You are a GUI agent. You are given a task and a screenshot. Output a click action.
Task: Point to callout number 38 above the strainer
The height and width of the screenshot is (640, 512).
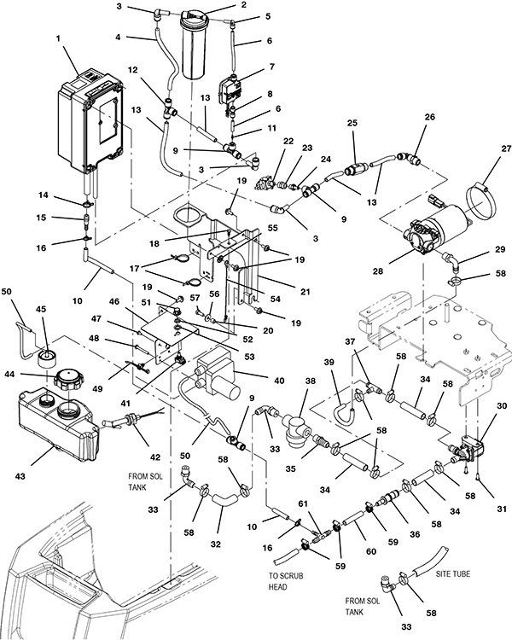tap(311, 382)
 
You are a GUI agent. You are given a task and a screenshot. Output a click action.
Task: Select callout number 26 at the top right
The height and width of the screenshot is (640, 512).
tap(428, 117)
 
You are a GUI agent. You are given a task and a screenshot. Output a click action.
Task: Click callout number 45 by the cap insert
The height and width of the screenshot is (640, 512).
tap(39, 309)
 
